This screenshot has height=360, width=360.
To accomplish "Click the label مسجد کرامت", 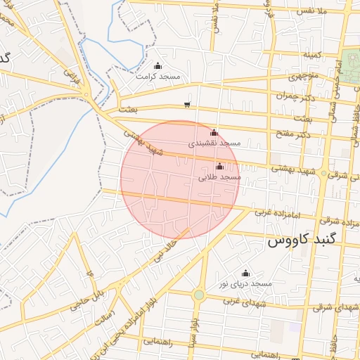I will click(x=158, y=76).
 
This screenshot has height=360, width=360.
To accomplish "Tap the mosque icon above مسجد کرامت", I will click(x=157, y=66).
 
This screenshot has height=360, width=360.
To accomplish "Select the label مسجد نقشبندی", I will click(x=214, y=143).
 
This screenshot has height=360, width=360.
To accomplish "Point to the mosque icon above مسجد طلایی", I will click(x=220, y=167).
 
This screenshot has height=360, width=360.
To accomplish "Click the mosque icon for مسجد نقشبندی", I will click(x=214, y=132).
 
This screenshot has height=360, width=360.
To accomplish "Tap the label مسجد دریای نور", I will click(x=245, y=283).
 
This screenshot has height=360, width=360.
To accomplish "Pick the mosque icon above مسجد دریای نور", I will click(x=245, y=274).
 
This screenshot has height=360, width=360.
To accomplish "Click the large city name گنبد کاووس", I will click(x=302, y=240).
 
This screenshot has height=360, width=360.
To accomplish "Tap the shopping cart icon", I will click(x=186, y=105).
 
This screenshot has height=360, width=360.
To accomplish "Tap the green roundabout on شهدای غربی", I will click(x=199, y=295).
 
